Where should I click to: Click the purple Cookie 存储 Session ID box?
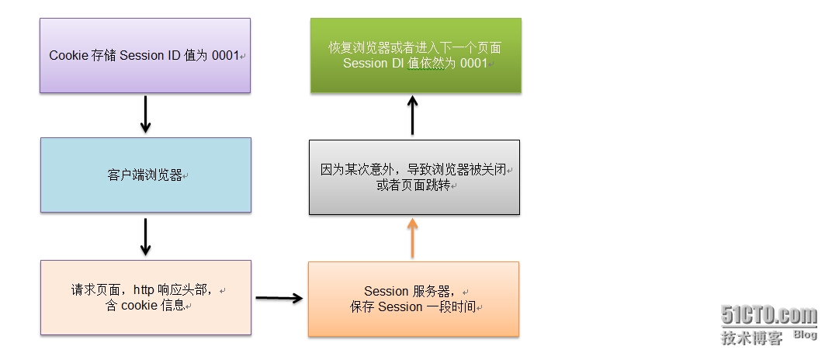tap(145, 56)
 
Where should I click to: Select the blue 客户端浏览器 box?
tap(145, 175)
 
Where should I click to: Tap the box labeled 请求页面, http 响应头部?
tap(145, 298)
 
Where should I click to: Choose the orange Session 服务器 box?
tap(413, 299)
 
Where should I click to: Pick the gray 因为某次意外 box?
tap(414, 177)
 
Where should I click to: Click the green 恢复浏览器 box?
tap(415, 55)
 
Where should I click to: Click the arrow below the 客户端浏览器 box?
tap(145, 237)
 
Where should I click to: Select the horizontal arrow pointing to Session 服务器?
tap(279, 297)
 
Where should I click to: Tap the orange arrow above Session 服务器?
tap(413, 238)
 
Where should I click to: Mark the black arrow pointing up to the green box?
tap(413, 116)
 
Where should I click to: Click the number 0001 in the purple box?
tap(225, 56)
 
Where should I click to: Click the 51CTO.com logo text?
tap(769, 316)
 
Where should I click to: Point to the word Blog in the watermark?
tap(805, 334)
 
